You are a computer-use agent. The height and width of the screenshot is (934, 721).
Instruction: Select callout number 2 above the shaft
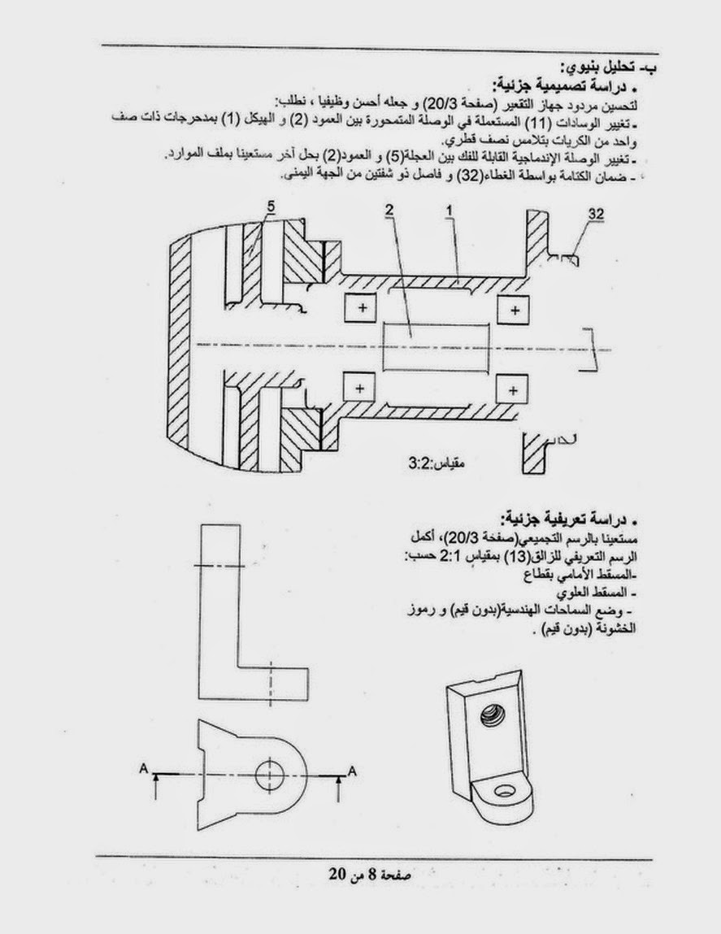(389, 210)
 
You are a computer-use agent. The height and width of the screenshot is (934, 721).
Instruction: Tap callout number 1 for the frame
(448, 210)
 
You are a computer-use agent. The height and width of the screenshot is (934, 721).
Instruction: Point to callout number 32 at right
(596, 213)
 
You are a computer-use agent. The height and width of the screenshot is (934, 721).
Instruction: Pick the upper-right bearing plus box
(513, 309)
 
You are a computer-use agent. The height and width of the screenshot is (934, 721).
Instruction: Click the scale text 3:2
(422, 466)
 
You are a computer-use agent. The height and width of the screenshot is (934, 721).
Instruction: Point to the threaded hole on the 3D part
(490, 715)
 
